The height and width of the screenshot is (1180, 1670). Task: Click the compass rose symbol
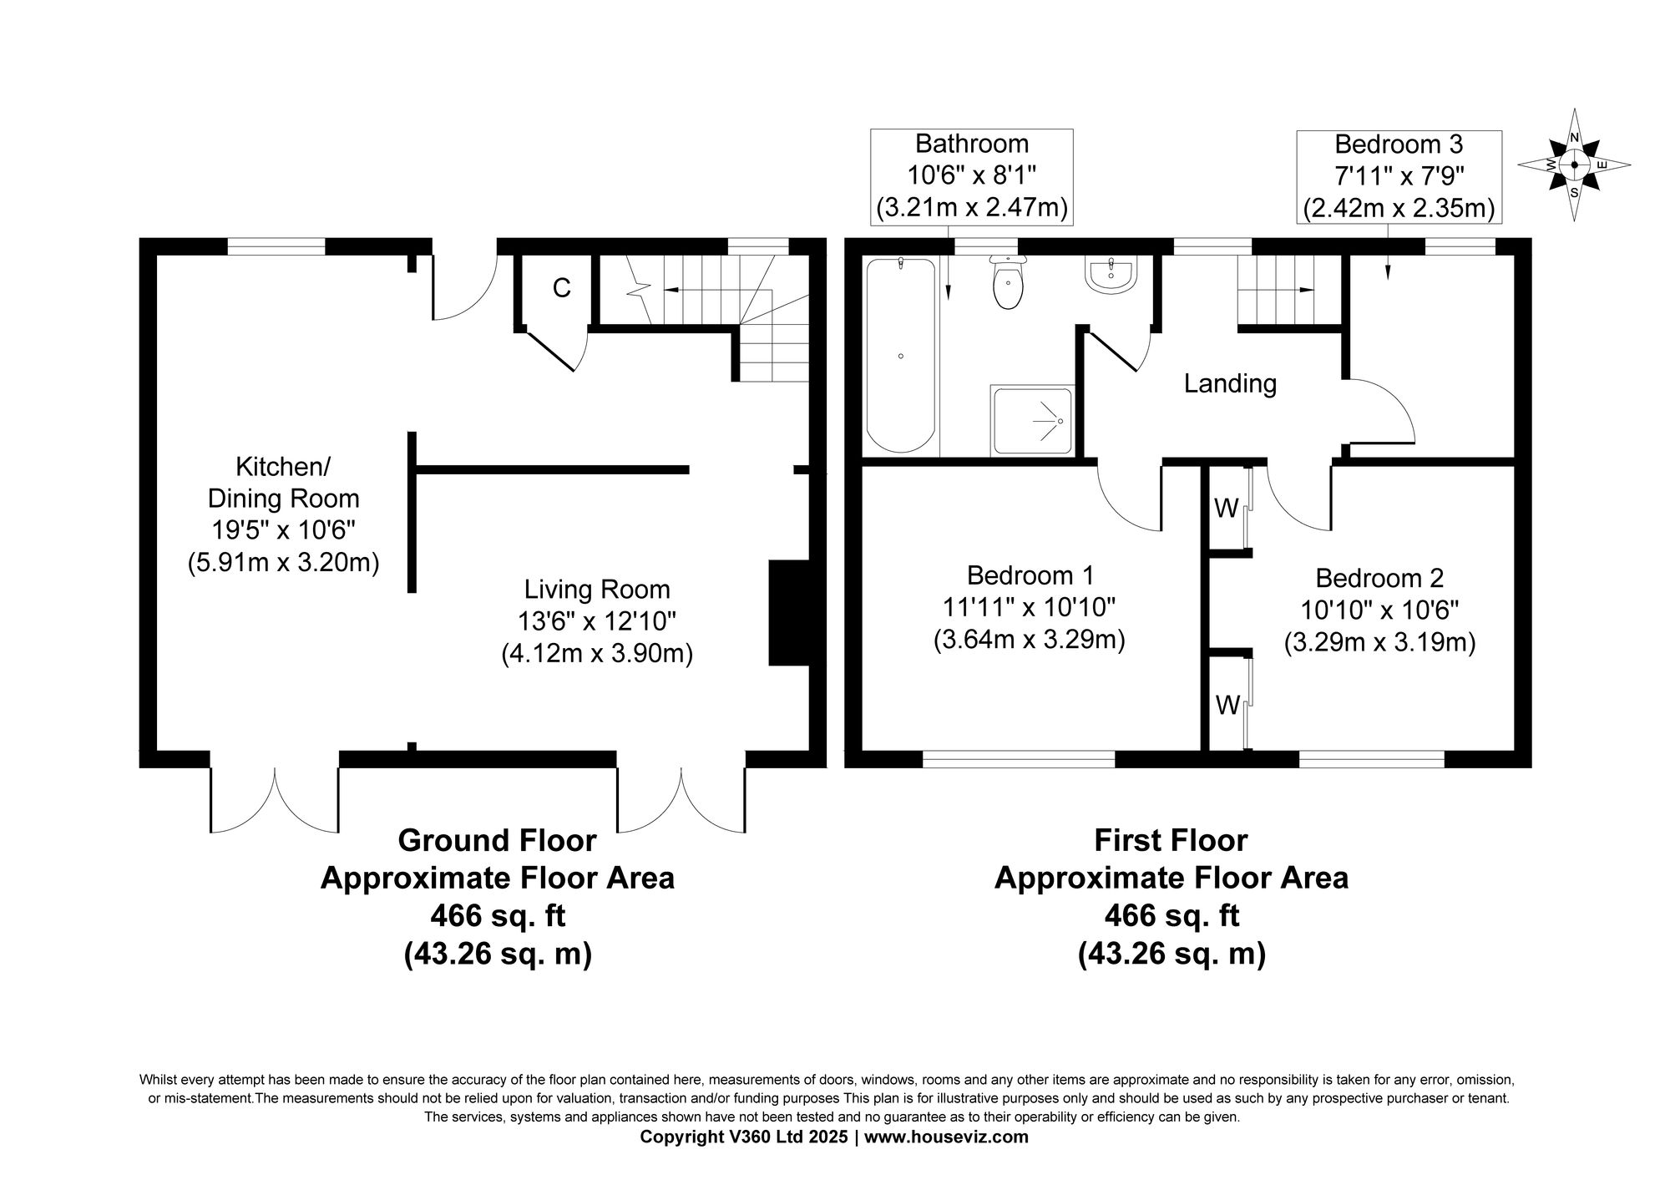tap(1574, 165)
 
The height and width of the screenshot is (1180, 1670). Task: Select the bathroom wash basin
tap(1111, 276)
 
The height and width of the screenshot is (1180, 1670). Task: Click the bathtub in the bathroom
tap(900, 355)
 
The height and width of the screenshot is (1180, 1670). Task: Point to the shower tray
tap(1031, 421)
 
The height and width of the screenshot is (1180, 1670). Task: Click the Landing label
tap(1230, 384)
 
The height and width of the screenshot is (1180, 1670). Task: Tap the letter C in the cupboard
tap(562, 288)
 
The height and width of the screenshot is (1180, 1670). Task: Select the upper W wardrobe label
tap(1226, 509)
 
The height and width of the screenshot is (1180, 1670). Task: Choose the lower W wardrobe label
tap(1227, 706)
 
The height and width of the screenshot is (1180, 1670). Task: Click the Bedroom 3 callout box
tap(1399, 176)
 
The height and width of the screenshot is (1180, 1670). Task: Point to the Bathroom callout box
tap(972, 176)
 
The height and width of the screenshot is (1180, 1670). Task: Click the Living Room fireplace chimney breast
tap(788, 613)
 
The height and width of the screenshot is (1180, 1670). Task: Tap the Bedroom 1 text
tap(1030, 575)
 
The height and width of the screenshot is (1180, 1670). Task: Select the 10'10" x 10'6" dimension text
tap(1379, 610)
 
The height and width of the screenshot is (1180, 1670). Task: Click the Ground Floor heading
tap(497, 840)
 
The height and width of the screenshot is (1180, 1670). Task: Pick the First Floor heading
tap(1171, 840)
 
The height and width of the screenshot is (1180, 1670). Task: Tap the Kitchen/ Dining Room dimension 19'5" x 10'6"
tap(283, 530)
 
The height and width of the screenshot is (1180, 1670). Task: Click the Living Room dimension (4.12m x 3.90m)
tap(597, 653)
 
